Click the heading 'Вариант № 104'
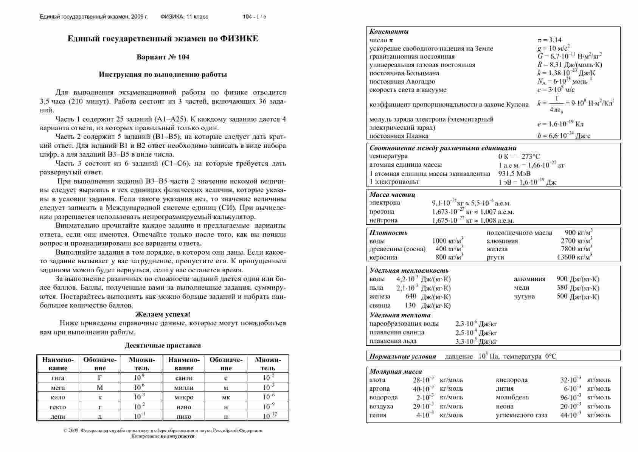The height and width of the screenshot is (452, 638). tap(163, 57)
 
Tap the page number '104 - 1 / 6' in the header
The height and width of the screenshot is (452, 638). tap(254, 17)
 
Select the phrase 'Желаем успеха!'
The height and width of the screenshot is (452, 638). tap(163, 314)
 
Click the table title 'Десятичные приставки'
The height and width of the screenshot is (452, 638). tap(163, 345)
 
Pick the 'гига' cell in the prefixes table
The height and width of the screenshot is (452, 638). tap(57, 378)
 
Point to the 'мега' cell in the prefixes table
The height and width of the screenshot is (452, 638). tap(57, 388)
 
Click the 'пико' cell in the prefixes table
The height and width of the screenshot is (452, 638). tap(184, 416)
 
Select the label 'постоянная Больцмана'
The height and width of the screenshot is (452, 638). tap(404, 73)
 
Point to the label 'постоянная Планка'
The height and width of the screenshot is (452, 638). tap(399, 136)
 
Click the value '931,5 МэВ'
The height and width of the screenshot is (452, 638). tap(515, 174)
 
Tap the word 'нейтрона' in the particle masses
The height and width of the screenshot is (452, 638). tap(383, 220)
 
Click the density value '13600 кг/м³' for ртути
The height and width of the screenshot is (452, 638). tap(574, 257)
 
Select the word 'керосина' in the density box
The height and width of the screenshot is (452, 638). tap(383, 257)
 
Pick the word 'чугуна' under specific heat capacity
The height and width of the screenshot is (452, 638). tap(524, 296)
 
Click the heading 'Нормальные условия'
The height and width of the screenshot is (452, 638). tap(402, 356)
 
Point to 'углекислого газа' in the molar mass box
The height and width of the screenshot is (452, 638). tap(522, 415)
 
